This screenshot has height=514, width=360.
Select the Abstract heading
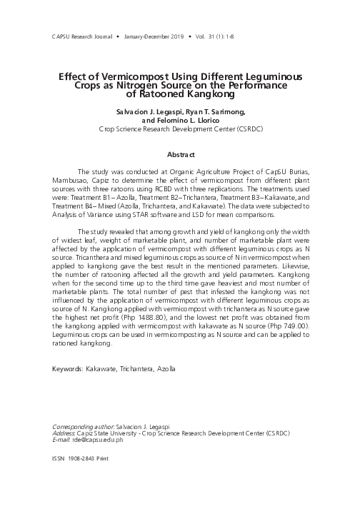pyautogui.click(x=180, y=154)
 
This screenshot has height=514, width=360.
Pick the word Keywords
pyautogui.click(x=69, y=369)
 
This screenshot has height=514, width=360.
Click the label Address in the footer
pyautogui.click(x=65, y=434)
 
